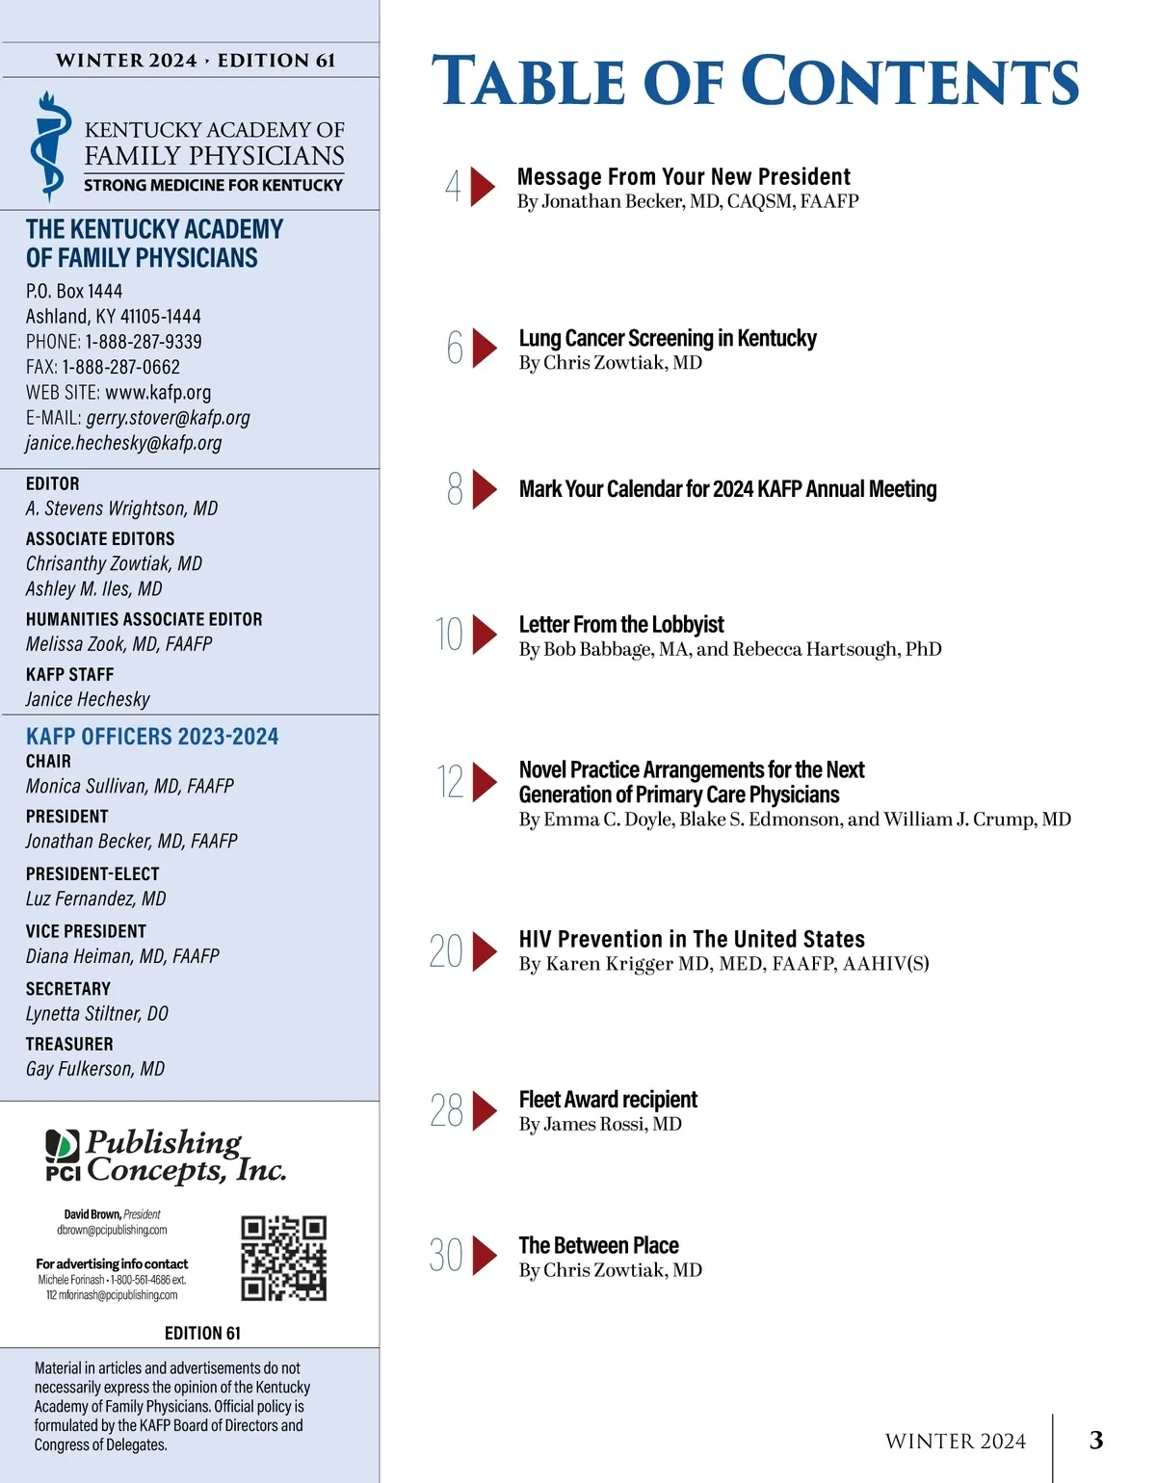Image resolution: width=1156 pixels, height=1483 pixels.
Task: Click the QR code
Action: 284,1258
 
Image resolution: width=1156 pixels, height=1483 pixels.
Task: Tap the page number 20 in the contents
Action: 446,951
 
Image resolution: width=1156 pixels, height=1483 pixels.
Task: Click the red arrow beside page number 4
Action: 483,187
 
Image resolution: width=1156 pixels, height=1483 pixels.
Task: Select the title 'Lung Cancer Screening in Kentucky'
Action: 668,338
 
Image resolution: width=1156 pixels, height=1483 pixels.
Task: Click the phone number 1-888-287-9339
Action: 144,342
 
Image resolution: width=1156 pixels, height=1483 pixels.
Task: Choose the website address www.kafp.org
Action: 158,392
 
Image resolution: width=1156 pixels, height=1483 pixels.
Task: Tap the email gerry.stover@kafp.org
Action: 168,418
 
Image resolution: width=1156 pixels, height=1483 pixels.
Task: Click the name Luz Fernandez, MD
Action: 95,898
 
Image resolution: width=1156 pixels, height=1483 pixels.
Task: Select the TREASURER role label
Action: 69,1044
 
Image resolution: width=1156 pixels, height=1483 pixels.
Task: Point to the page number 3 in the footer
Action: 1096,1440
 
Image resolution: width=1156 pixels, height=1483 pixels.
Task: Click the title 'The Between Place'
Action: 599,1245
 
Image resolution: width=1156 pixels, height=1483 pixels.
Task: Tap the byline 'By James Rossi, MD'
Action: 600,1124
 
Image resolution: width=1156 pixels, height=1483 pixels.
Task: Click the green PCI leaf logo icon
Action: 63,1145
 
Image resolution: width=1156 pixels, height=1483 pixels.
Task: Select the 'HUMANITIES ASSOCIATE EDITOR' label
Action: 144,619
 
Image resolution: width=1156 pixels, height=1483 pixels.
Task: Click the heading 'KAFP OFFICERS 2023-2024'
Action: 152,737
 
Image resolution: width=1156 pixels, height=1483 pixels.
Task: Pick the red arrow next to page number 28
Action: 485,1110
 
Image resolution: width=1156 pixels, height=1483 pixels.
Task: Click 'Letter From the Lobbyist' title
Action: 621,624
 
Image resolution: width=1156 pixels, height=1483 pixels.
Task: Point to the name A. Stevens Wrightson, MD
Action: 121,508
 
